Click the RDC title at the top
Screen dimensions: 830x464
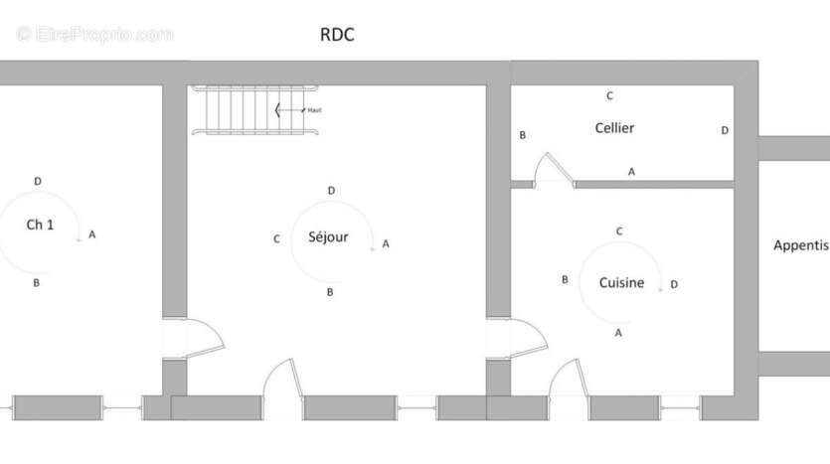tap(337, 35)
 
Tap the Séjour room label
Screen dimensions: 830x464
tap(328, 236)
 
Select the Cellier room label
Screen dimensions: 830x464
tap(614, 128)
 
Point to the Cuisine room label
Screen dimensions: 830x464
tap(621, 282)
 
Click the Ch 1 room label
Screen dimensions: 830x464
tap(40, 225)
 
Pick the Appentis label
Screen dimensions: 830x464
tap(801, 245)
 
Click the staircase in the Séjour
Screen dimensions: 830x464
tap(254, 110)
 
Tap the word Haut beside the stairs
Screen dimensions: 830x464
tap(314, 110)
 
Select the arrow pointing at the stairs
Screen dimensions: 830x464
tap(290, 110)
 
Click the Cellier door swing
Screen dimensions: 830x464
tap(552, 170)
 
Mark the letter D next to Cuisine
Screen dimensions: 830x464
tap(674, 284)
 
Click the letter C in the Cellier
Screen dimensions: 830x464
tap(609, 95)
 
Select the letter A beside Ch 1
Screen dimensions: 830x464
tap(92, 234)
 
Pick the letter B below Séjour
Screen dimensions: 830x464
tap(330, 292)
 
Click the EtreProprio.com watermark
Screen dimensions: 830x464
tap(94, 35)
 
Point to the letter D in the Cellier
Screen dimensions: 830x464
tap(725, 130)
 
